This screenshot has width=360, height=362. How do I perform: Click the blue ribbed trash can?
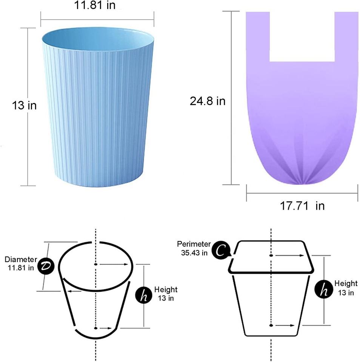click(x=98, y=107)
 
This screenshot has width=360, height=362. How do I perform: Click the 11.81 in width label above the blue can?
click(x=95, y=5)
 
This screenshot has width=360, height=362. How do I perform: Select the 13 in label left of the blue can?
click(x=24, y=105)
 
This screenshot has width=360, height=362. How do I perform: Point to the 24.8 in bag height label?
click(x=208, y=101)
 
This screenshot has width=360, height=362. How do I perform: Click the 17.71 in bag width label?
click(x=302, y=206)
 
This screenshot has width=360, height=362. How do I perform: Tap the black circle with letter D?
click(x=46, y=266)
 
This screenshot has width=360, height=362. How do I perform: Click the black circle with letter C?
click(x=221, y=250)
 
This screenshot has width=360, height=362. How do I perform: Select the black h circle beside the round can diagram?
click(x=143, y=295)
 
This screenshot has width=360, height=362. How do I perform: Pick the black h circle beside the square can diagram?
click(x=324, y=288)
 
